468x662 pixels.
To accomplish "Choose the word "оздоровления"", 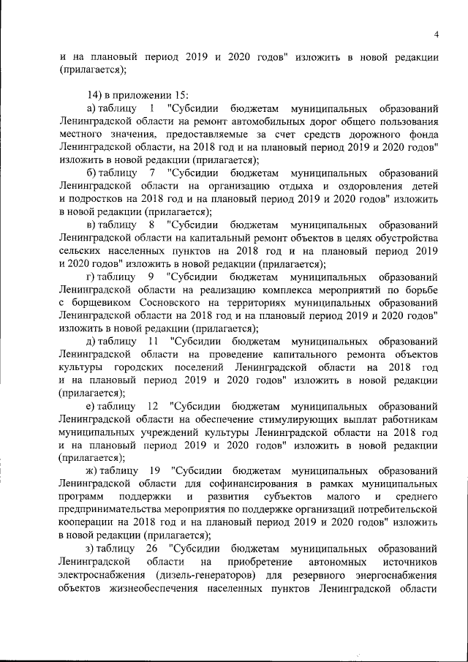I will [x=345, y=187].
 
